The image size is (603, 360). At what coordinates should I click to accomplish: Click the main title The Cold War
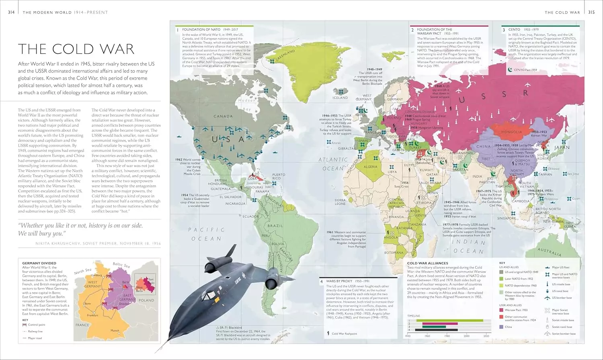(76, 49)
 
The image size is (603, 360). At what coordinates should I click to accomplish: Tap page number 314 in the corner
(11, 12)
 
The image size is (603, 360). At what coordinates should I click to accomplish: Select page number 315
(591, 12)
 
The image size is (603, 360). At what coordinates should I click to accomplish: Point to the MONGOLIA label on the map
(511, 132)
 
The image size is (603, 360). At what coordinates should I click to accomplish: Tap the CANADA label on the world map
(223, 117)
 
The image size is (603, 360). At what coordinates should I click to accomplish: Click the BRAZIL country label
(275, 226)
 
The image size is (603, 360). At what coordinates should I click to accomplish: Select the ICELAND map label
(340, 98)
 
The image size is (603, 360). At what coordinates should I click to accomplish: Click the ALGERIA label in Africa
(370, 167)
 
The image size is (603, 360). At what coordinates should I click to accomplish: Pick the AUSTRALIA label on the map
(549, 252)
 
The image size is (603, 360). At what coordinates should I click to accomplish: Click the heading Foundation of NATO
(201, 30)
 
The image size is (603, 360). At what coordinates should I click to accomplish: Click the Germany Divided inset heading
(39, 263)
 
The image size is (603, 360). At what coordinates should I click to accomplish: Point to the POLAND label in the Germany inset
(146, 300)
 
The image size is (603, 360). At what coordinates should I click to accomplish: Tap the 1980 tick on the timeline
(447, 336)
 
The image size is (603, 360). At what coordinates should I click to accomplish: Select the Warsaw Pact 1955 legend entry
(516, 310)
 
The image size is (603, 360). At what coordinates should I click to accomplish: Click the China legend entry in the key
(508, 327)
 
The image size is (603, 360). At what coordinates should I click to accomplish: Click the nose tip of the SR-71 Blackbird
(156, 352)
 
